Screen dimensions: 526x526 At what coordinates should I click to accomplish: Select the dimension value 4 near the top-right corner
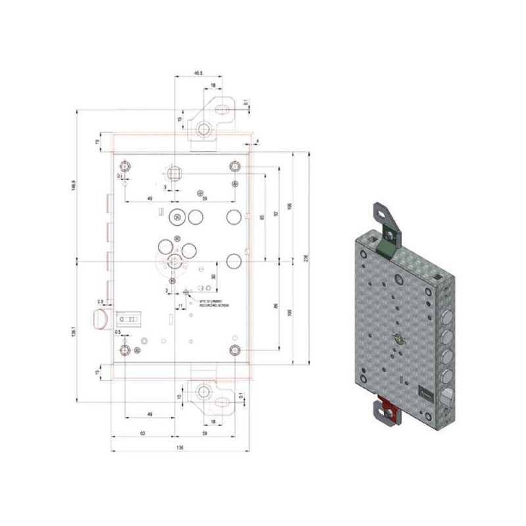(x=258, y=141)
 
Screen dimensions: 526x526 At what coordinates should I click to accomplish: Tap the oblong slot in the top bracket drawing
(x=225, y=106)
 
